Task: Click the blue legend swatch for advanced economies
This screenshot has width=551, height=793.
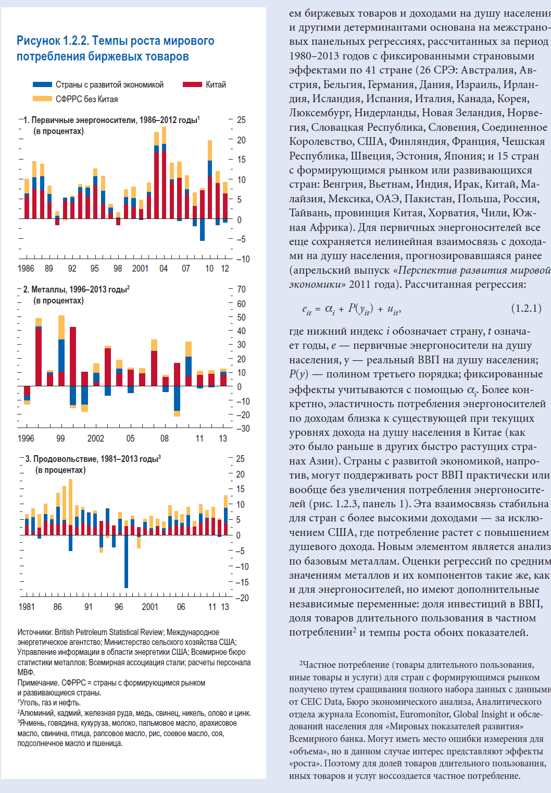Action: (x=42, y=84)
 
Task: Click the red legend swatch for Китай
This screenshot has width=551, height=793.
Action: (x=192, y=84)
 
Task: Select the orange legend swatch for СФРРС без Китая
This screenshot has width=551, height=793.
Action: (x=42, y=99)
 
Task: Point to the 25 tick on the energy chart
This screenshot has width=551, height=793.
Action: (x=241, y=120)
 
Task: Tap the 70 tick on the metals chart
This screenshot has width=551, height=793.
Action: (x=241, y=289)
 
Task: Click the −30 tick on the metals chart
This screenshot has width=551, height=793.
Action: (x=243, y=429)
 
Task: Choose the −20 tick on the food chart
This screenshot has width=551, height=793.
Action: (x=242, y=598)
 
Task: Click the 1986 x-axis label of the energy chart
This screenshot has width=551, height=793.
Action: (x=26, y=269)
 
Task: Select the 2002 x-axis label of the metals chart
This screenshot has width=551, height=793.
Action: (x=96, y=438)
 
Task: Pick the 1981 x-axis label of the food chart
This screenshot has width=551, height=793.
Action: (x=27, y=607)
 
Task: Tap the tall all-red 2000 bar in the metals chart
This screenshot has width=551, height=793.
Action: (x=73, y=356)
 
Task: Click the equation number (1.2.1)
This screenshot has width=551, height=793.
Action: (x=526, y=308)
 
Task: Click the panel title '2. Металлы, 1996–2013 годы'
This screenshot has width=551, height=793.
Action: (x=76, y=289)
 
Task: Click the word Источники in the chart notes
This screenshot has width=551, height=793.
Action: (x=35, y=632)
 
